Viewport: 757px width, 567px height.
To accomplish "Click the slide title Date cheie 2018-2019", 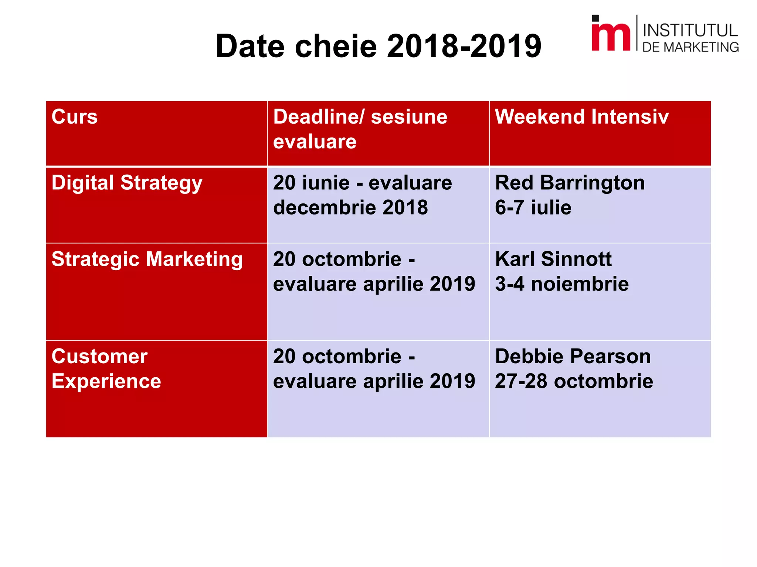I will [378, 46].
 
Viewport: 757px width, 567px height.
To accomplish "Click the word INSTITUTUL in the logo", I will [690, 30].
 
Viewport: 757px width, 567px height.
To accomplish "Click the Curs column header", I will [75, 117].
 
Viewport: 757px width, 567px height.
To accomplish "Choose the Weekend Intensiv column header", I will [581, 117].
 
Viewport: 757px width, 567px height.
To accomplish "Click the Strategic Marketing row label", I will [147, 260].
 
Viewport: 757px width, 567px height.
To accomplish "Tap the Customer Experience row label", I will [106, 369].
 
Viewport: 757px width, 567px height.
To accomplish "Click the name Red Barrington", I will [570, 183].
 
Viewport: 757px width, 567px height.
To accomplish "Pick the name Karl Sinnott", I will [553, 259].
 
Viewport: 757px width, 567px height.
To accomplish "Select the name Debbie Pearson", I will [573, 357].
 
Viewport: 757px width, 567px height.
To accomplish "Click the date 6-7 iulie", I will [533, 207].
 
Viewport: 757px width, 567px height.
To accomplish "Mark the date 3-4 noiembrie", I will [561, 284].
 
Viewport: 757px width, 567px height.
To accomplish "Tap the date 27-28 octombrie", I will [574, 381].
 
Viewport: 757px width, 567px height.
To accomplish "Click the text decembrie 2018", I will [350, 207].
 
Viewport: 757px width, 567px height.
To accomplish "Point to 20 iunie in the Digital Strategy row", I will [311, 183].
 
